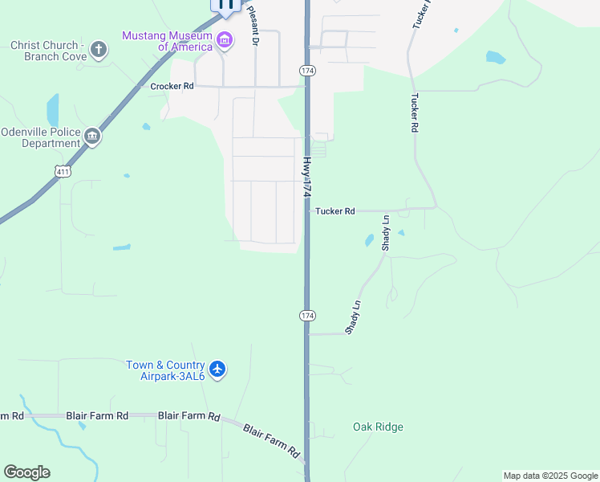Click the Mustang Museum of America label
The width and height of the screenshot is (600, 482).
(168, 41)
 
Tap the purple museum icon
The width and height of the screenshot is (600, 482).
(225, 41)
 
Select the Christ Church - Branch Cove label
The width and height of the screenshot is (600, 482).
(46, 51)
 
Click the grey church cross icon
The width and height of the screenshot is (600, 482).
(98, 51)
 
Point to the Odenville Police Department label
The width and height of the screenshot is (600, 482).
(41, 137)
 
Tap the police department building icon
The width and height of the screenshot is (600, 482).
(93, 137)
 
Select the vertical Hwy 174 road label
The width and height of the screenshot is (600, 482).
(306, 178)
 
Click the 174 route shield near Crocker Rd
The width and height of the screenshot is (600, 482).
(307, 71)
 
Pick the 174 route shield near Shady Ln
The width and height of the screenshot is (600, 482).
(307, 315)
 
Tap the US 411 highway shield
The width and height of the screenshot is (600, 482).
(63, 170)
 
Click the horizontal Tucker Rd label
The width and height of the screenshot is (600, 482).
(334, 211)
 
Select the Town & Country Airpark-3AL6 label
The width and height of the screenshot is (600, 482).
(166, 370)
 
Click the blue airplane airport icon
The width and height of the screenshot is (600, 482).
(218, 370)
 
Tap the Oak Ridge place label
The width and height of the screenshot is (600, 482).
(378, 427)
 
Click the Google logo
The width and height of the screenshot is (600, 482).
(26, 472)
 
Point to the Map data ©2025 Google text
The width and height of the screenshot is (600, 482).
(550, 476)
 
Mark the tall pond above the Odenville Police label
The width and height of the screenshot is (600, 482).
(53, 110)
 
